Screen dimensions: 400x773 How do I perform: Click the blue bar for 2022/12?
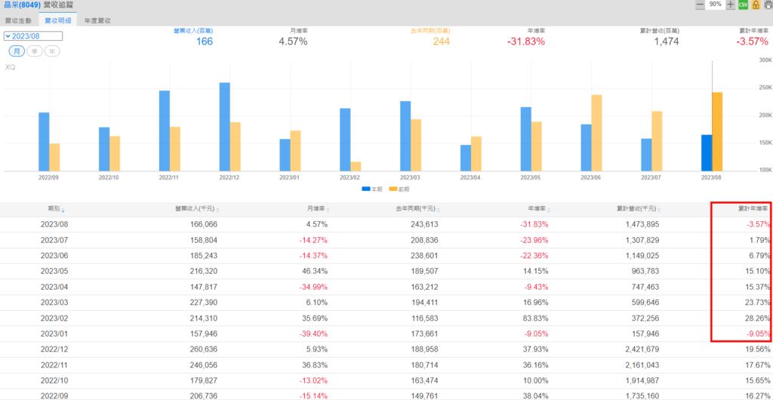[225, 127]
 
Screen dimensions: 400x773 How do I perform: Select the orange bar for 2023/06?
[596, 133]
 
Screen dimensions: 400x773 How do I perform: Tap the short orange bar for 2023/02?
[356, 166]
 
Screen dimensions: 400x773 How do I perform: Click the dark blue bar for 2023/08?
[707, 152]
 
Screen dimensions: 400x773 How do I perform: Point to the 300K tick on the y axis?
[765, 60]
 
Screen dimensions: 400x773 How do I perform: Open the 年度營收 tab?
[97, 21]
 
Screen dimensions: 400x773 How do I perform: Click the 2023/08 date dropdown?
[33, 35]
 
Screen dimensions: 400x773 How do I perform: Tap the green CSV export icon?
[743, 5]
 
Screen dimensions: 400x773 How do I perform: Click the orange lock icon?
[755, 5]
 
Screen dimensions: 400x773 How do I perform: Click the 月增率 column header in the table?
[316, 208]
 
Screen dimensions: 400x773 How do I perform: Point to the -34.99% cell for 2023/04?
[311, 287]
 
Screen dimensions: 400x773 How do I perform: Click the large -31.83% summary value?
[525, 42]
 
